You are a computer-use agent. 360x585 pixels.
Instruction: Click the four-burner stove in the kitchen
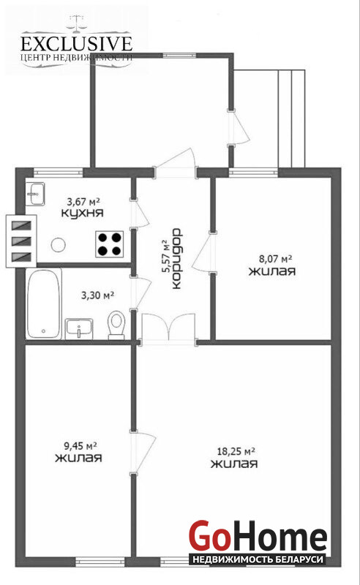click(x=110, y=244)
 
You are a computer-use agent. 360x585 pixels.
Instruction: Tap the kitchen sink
click(x=35, y=193)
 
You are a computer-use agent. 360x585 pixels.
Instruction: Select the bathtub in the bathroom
click(x=44, y=303)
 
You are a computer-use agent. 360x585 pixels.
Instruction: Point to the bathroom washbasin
click(x=79, y=328)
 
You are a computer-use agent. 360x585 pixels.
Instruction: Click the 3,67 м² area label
click(x=83, y=202)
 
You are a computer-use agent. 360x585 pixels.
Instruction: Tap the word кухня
click(x=82, y=214)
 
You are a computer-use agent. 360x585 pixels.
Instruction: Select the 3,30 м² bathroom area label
click(x=97, y=295)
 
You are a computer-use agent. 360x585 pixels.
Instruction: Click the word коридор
click(x=176, y=258)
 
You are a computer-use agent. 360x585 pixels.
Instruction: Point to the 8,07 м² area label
click(x=275, y=258)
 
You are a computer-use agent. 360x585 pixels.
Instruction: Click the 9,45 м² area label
click(x=80, y=445)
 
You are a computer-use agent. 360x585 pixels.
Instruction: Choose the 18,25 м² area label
click(x=236, y=451)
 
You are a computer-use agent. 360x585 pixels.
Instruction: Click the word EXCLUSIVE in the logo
click(x=77, y=44)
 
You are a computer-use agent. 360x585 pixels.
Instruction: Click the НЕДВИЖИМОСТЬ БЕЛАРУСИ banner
click(x=258, y=559)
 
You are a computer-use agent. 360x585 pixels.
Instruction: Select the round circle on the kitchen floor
click(x=59, y=245)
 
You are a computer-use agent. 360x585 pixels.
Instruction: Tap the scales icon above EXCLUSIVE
click(x=77, y=23)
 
